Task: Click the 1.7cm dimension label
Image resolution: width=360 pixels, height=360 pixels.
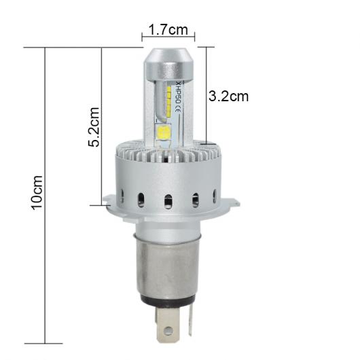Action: [168, 30]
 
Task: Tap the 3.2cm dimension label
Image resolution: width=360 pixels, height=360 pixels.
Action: [228, 96]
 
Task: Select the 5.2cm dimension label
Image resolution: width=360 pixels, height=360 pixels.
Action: [94, 127]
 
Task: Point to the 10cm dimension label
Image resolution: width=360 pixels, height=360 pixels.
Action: [37, 192]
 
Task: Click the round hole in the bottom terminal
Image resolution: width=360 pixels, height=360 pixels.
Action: [168, 330]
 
